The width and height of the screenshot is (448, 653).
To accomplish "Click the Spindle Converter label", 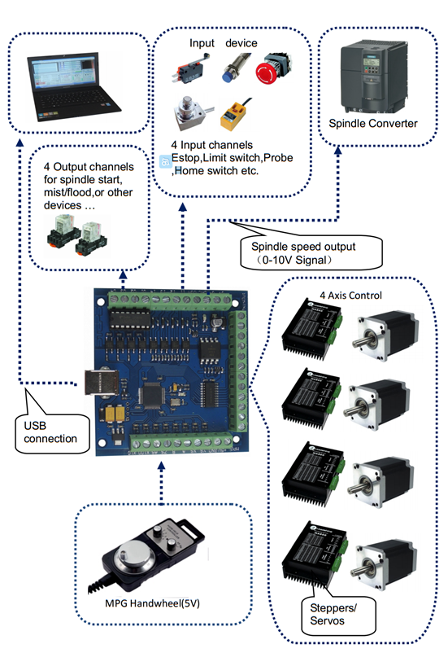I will pos(373,124).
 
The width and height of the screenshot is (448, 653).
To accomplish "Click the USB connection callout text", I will pos(50,432).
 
